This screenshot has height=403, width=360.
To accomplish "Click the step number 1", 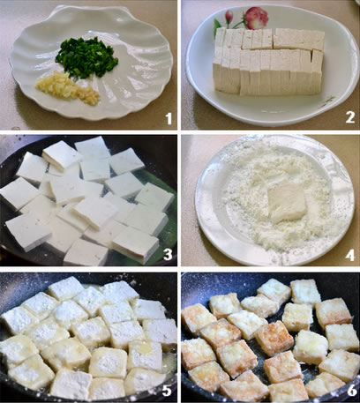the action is (169, 118).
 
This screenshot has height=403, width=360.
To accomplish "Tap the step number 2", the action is (349, 117).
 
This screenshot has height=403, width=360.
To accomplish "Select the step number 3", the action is (168, 255).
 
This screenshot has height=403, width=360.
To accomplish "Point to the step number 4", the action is (349, 255).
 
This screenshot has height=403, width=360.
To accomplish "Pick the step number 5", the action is (167, 391).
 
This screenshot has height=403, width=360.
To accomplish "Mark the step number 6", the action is (351, 391).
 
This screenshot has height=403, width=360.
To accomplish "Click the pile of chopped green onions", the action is (86, 57).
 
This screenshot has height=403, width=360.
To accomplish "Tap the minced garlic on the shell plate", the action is (68, 88).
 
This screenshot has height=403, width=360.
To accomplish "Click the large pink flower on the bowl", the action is (256, 19).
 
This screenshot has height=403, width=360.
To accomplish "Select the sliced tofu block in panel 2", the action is (268, 61).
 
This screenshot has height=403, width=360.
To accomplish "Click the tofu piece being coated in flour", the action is (287, 203).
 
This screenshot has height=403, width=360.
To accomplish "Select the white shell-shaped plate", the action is (91, 63).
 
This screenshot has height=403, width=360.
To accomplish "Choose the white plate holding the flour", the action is (274, 200).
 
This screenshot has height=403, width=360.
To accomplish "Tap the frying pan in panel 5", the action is (88, 338).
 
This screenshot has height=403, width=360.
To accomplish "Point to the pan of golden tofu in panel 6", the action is (270, 338).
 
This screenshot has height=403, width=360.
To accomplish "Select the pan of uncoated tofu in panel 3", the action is (88, 200).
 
